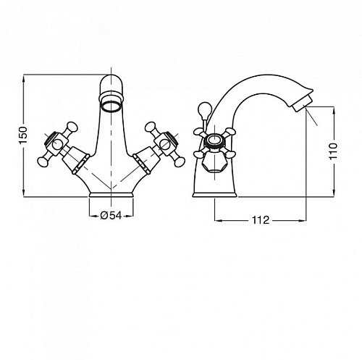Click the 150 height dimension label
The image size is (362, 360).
point(24,135)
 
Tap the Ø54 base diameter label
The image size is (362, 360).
point(111,216)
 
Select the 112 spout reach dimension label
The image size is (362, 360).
point(261,220)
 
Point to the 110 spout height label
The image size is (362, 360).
point(334,151)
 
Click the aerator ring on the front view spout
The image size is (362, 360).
point(111,106)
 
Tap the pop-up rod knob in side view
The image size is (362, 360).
point(205,109)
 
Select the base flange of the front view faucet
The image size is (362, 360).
point(111,195)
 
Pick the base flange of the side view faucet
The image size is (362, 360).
point(215,195)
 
